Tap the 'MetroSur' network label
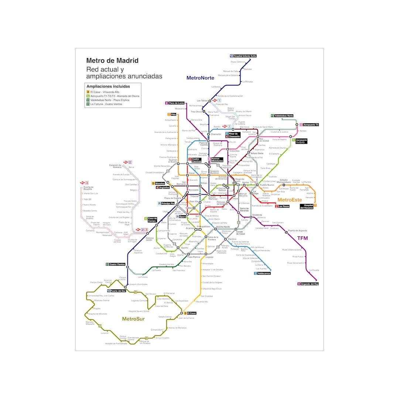[x=133, y=319]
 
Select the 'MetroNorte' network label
[x=200, y=78]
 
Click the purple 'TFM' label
[x=303, y=238]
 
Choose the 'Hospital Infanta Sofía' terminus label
[x=245, y=56]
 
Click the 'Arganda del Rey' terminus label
[x=310, y=284]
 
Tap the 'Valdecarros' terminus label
[x=264, y=273]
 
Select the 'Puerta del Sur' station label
[x=118, y=291]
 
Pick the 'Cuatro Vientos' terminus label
[x=117, y=264]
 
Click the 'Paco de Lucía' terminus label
[x=177, y=103]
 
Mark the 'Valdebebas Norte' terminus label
[x=284, y=116]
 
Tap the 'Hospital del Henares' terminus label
[x=306, y=206]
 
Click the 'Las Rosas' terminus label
[x=283, y=206]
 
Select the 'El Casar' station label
[x=192, y=313]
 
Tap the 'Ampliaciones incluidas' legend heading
[x=108, y=86]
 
